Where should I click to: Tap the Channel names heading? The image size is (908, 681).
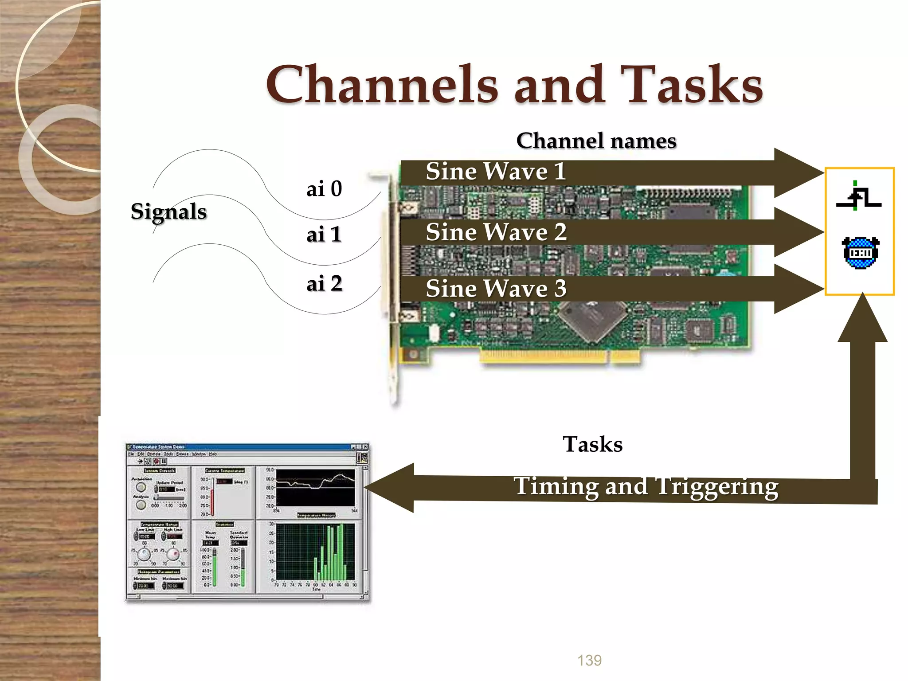click(x=596, y=141)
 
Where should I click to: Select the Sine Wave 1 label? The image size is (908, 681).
click(x=496, y=172)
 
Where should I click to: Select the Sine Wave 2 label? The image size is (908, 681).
click(x=496, y=232)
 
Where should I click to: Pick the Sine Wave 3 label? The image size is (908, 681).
click(x=496, y=289)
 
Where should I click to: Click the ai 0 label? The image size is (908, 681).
click(x=324, y=189)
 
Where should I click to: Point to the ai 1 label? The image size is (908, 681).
click(x=324, y=235)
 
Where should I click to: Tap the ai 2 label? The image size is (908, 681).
click(x=324, y=284)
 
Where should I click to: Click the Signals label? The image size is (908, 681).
click(x=168, y=211)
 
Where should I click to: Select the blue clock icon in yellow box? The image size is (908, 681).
click(x=860, y=253)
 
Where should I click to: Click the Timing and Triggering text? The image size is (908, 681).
click(x=646, y=486)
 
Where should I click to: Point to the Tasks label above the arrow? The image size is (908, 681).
click(x=592, y=444)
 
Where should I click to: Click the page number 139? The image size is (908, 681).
click(x=589, y=660)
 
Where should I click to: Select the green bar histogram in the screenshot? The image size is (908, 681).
click(x=316, y=552)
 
